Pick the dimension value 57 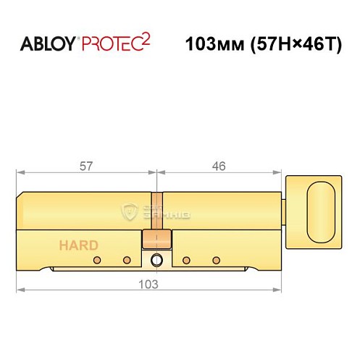click(x=85, y=167)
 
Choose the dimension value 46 click(x=219, y=167)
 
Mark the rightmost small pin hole click(x=214, y=259)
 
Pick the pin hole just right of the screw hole click(x=185, y=259)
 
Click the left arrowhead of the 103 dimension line click(x=19, y=290)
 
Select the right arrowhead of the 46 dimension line click(x=280, y=172)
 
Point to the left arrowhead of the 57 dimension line click(x=19, y=172)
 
